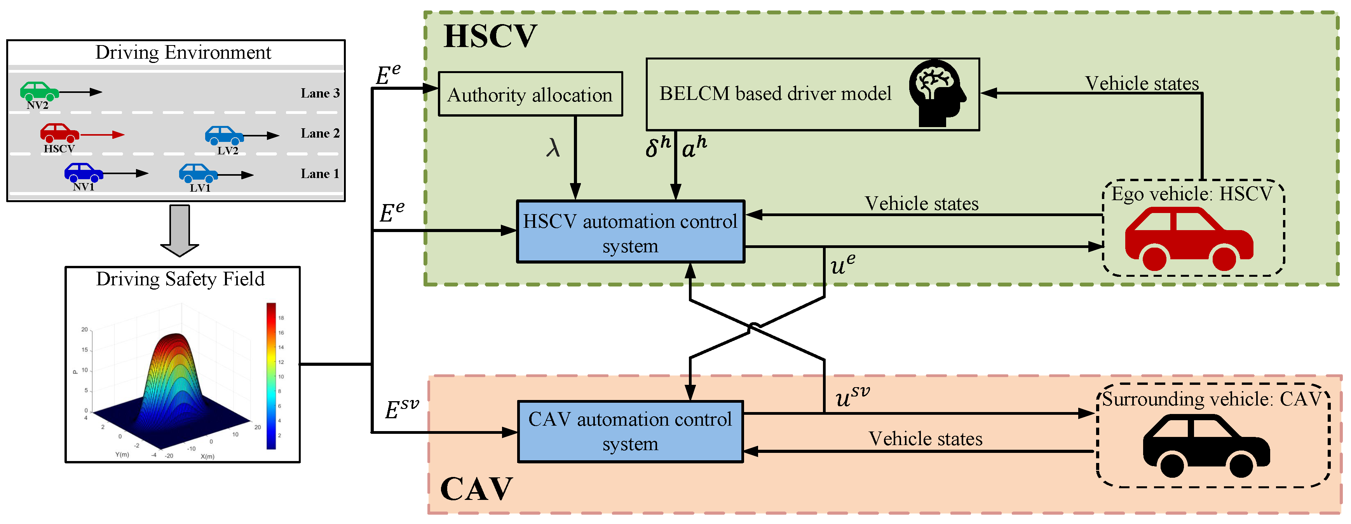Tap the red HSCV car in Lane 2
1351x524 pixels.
pyautogui.click(x=59, y=133)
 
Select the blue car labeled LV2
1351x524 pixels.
pyautogui.click(x=224, y=135)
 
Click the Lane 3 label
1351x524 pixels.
pyautogui.click(x=320, y=93)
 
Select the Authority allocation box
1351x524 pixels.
pyautogui.click(x=530, y=94)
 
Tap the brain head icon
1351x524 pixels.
pyautogui.click(x=937, y=93)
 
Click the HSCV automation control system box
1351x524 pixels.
pyautogui.click(x=630, y=232)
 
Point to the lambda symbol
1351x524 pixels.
pyautogui.click(x=553, y=148)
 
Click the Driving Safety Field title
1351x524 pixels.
pyautogui.click(x=180, y=279)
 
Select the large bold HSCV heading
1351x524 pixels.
pyautogui.click(x=490, y=36)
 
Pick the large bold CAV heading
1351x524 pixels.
pyautogui.click(x=476, y=489)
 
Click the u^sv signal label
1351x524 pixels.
pyautogui.click(x=852, y=397)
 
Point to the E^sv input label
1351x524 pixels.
pyautogui.click(x=402, y=408)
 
